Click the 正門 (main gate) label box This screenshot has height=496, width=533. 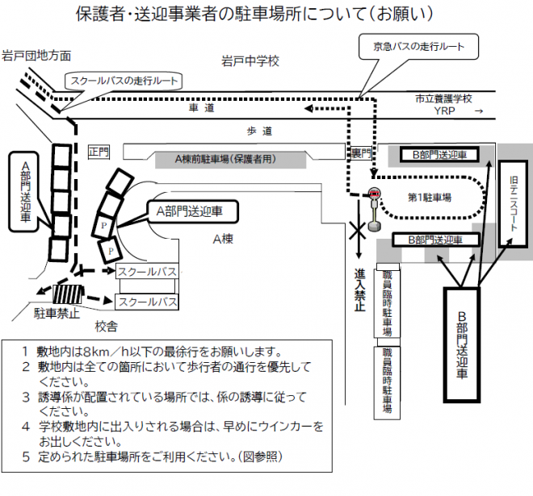[x=99, y=152]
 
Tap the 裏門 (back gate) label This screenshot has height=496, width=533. [x=361, y=153]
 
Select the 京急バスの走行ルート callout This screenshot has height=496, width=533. [x=418, y=47]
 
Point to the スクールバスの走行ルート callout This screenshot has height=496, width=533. [x=124, y=81]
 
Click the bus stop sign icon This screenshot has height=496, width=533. [x=374, y=210]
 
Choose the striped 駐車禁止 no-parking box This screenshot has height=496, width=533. [x=68, y=294]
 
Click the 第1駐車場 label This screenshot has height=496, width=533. [x=430, y=198]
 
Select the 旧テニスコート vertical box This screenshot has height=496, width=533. [x=513, y=204]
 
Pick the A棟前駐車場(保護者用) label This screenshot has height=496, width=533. [x=225, y=159]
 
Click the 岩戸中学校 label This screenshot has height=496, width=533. [x=250, y=61]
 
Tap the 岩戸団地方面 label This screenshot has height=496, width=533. [x=36, y=56]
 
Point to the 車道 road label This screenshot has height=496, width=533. [x=202, y=108]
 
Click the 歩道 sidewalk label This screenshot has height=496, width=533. [x=259, y=131]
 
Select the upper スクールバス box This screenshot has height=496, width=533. [x=147, y=271]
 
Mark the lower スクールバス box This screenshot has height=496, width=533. [x=147, y=302]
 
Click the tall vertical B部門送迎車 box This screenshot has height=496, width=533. [x=462, y=344]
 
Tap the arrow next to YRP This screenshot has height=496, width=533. [x=479, y=111]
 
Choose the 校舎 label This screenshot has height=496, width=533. [x=107, y=327]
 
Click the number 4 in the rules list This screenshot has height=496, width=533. [x=26, y=427]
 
